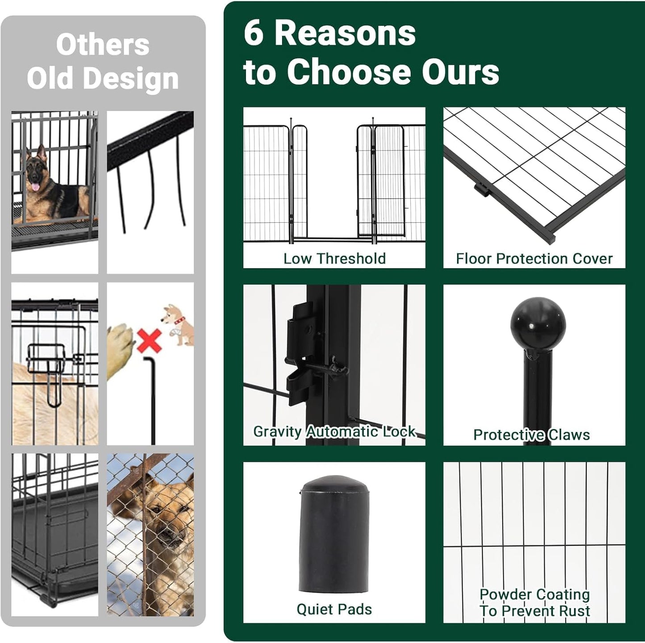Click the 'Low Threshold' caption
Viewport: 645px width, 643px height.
click(334, 259)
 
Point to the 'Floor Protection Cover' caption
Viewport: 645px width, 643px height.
click(534, 259)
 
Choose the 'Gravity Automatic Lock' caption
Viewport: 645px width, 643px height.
click(334, 431)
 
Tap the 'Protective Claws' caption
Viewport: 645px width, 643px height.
click(532, 435)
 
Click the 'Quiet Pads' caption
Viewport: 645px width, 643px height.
click(334, 609)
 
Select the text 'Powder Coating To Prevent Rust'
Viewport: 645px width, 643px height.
click(535, 602)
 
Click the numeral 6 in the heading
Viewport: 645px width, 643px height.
click(254, 33)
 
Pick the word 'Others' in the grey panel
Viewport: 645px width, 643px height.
click(103, 45)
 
